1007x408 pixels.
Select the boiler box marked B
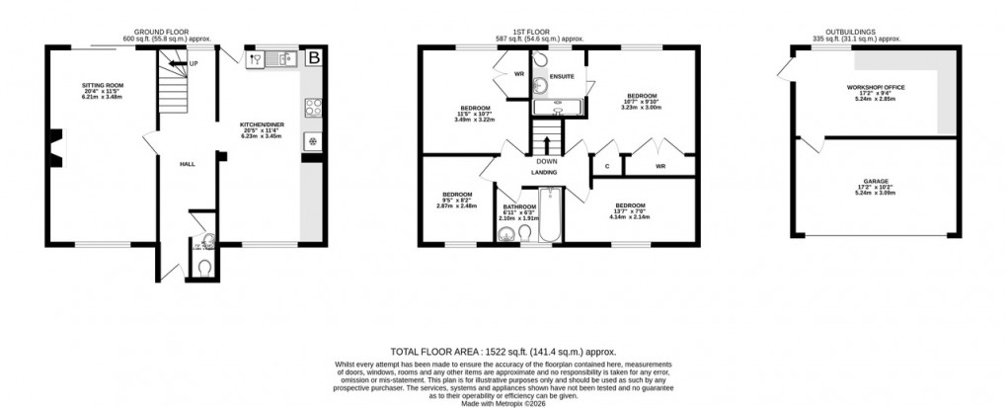314,58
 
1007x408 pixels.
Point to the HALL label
185,164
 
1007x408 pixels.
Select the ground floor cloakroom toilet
204,266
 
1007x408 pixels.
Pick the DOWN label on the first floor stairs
546,161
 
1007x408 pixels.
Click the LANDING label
545,173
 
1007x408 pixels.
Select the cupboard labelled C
605,167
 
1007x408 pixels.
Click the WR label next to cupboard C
659,167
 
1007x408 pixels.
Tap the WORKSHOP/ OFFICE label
876,87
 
